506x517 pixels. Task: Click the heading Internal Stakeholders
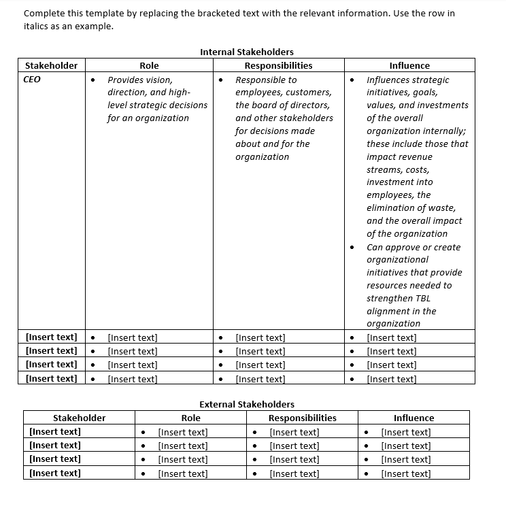point(246,52)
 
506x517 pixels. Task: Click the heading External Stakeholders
point(246,404)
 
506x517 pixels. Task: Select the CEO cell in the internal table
point(32,80)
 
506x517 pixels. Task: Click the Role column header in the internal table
point(149,65)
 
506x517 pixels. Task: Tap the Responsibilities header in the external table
point(302,418)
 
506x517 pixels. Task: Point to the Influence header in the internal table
point(409,65)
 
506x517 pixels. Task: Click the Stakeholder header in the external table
point(79,418)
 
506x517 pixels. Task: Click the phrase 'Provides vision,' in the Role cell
point(140,80)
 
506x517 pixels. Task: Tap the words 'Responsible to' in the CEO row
point(266,80)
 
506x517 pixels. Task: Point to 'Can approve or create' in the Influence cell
point(414,247)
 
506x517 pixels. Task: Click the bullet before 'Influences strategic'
point(352,80)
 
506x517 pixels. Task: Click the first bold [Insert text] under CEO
point(51,337)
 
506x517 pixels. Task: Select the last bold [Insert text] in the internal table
point(51,378)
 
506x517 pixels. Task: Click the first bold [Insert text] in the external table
point(55,431)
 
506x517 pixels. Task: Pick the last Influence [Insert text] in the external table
point(406,473)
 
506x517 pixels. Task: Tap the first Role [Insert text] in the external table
point(183,432)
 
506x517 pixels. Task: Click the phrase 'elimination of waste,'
point(411,207)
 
